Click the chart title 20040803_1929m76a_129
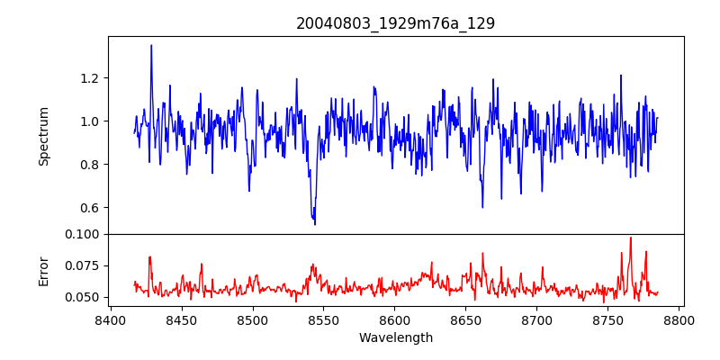395,23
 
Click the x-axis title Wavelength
395,338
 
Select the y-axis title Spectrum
43,136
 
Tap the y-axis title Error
43,271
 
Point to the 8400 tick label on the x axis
110,319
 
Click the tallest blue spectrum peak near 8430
151,45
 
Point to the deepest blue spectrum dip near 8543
315,224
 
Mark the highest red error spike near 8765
630,238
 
